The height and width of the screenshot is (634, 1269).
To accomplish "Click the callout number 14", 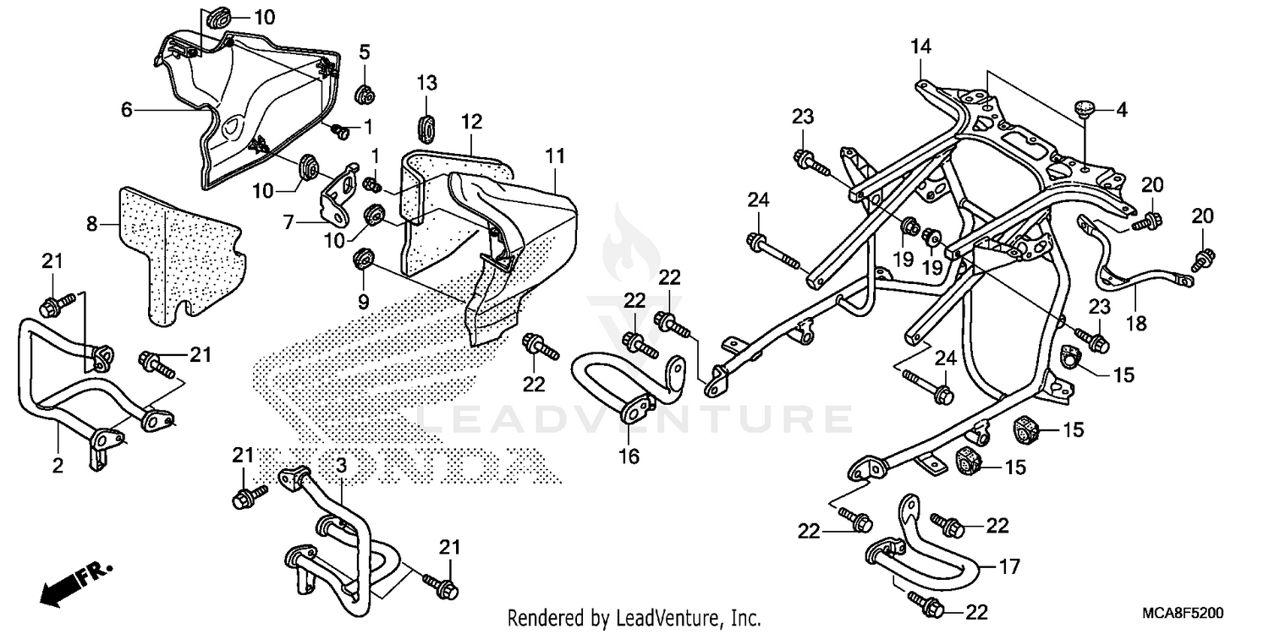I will tap(920, 47).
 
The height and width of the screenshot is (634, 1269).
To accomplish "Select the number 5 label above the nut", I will tap(365, 52).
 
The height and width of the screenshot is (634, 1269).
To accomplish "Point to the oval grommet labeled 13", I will tap(426, 124).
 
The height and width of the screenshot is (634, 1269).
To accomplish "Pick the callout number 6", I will tap(127, 109).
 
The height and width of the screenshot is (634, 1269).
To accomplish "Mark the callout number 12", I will tap(471, 121).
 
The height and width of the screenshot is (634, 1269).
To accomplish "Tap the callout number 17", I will tap(1010, 566).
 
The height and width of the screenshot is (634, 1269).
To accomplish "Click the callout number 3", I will tap(341, 464).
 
